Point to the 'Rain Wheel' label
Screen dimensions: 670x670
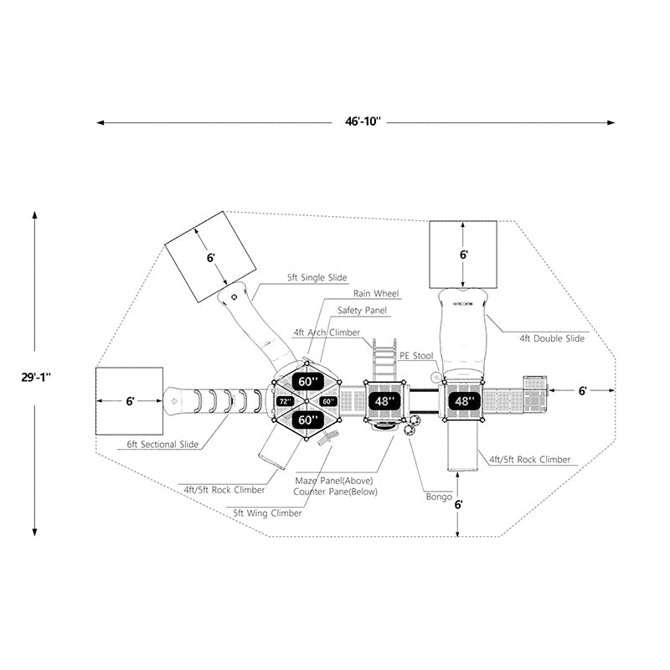375,294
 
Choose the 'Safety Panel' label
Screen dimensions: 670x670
362,311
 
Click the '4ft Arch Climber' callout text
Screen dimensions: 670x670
326,332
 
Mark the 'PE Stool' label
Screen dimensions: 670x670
416,356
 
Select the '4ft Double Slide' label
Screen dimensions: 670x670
552,338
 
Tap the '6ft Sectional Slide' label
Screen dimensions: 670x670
163,444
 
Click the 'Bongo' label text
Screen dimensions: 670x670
439,497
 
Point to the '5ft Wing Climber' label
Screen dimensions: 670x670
268,513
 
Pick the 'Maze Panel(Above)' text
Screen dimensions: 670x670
328,482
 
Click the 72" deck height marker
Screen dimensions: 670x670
285,402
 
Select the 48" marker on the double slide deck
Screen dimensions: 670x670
463,401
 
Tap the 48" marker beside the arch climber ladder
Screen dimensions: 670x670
384,401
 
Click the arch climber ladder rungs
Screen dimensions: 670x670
384,360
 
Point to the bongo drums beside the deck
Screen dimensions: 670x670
411,425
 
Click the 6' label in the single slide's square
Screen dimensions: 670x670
211,258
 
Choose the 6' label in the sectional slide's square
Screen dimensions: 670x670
130,401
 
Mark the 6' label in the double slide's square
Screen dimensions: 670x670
463,253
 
